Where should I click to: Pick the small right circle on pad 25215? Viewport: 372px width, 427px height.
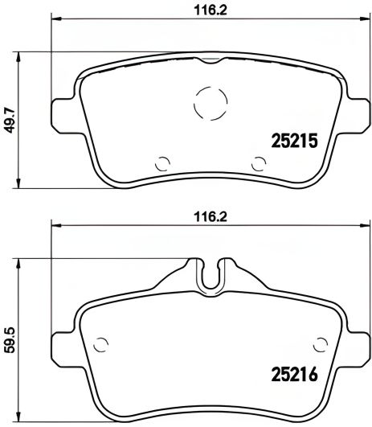(x=258, y=162)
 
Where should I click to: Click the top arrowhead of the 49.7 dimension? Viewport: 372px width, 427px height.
(x=20, y=55)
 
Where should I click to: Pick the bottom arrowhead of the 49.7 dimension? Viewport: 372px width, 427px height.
(x=20, y=182)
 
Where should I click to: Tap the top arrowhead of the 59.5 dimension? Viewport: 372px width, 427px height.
(x=20, y=262)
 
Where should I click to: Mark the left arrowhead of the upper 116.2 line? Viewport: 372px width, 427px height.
(x=55, y=22)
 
